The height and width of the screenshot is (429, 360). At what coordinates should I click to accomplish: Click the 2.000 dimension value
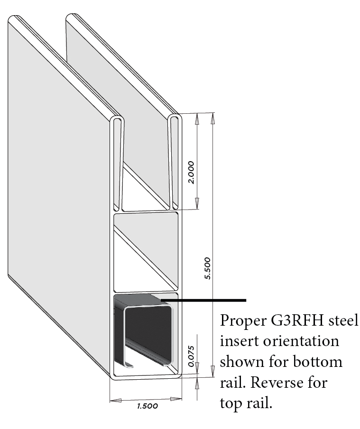191,173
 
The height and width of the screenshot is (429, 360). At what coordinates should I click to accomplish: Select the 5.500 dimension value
208,268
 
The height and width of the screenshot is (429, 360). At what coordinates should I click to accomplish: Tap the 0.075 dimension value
191,356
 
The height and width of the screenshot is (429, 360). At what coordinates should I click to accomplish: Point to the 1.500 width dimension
148,406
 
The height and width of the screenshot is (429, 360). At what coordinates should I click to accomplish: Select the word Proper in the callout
243,320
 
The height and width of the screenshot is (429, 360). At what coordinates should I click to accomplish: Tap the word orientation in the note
301,341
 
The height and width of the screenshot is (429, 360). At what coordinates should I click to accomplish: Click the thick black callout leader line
203,301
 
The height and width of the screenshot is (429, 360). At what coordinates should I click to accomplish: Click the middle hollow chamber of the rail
146,252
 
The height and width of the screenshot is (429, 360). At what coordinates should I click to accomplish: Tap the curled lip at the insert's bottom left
129,365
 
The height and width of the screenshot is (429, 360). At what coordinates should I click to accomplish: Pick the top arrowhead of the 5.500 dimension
212,118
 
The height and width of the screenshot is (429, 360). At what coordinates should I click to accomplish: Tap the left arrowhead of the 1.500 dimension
115,401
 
